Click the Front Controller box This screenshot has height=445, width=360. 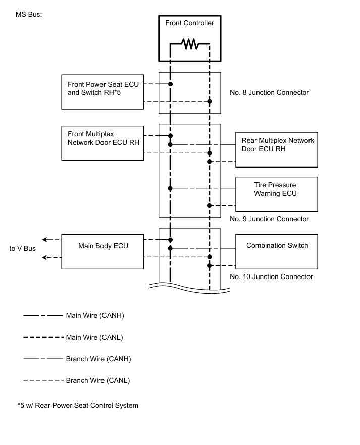[189, 24]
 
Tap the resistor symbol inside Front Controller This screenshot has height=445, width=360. [190, 45]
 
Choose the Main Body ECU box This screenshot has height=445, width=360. [102, 251]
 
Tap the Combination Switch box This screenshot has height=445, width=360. [277, 251]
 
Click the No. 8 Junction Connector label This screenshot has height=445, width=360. [269, 93]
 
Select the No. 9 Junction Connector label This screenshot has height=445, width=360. [269, 219]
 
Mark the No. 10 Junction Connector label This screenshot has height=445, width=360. [271, 277]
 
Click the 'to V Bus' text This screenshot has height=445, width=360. [22, 248]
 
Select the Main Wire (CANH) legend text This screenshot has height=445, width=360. [95, 316]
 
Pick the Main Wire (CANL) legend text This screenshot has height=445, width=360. [95, 337]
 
